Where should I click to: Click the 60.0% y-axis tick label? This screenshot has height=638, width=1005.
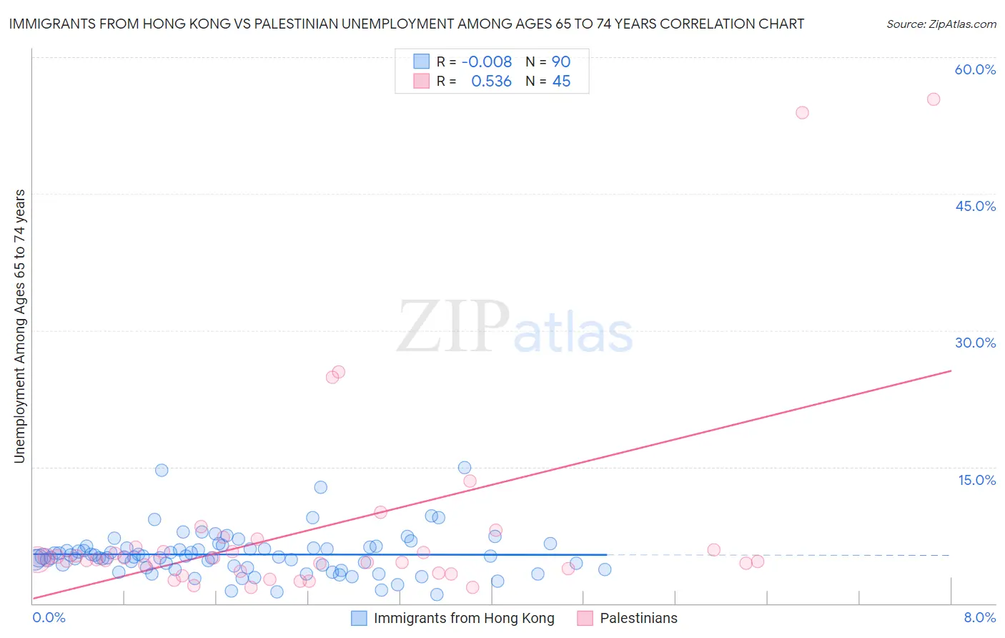pyautogui.click(x=975, y=69)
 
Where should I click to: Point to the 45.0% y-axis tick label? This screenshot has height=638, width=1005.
pyautogui.click(x=975, y=206)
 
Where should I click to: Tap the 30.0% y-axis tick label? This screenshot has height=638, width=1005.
pyautogui.click(x=975, y=343)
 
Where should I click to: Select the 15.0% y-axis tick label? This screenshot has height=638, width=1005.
pyautogui.click(x=976, y=480)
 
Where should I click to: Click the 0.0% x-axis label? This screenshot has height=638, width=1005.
pyautogui.click(x=49, y=617)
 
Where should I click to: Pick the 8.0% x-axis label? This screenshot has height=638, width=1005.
pyautogui.click(x=979, y=617)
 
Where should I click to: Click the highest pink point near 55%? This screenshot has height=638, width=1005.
pyautogui.click(x=933, y=99)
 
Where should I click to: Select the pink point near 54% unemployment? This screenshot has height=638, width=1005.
pyautogui.click(x=802, y=112)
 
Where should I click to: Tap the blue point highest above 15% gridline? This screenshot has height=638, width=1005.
pyautogui.click(x=465, y=468)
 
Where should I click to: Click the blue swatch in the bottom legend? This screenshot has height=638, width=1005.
pyautogui.click(x=359, y=619)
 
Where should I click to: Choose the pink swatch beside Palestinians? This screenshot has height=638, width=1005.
pyautogui.click(x=585, y=619)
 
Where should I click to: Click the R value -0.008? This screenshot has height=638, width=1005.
pyautogui.click(x=487, y=62)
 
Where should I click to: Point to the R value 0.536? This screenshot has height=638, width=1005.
pyautogui.click(x=491, y=82)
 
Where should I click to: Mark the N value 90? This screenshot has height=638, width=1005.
pyautogui.click(x=561, y=62)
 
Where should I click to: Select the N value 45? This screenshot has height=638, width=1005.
pyautogui.click(x=561, y=82)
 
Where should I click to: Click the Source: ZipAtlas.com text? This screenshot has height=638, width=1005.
pyautogui.click(x=941, y=24)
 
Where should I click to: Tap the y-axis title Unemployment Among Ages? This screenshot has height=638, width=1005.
pyautogui.click(x=19, y=325)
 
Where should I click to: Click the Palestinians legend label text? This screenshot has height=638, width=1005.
pyautogui.click(x=638, y=619)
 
